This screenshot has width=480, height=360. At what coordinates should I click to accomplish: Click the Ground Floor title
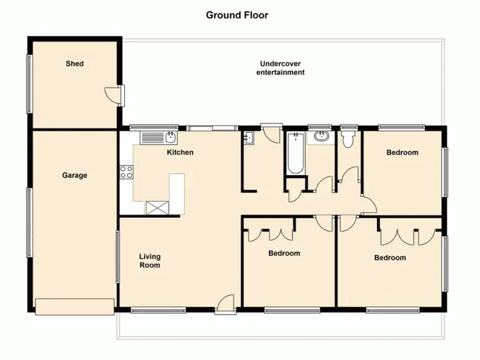pyautogui.click(x=237, y=15)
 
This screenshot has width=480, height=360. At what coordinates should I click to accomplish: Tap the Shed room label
pyautogui.click(x=75, y=64)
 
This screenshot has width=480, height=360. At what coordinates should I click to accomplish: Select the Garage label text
pyautogui.click(x=75, y=175)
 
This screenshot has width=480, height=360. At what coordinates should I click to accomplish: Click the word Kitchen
pyautogui.click(x=180, y=152)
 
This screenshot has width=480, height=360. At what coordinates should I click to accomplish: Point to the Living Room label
pyautogui.click(x=150, y=261)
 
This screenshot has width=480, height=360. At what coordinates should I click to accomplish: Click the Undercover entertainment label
pyautogui.click(x=280, y=68)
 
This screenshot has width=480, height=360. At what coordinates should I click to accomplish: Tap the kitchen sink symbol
pyautogui.click(x=170, y=137)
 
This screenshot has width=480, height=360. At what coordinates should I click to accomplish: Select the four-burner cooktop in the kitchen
pyautogui.click(x=126, y=171)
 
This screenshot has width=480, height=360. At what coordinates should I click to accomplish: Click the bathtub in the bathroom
pyautogui.click(x=295, y=153)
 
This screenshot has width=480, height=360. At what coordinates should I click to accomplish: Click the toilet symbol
pyautogui.click(x=349, y=139)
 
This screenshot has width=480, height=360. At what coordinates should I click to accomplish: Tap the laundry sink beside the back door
pyautogui.click(x=248, y=137)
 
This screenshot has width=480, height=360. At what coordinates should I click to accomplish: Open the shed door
pyautogui.click(x=113, y=95)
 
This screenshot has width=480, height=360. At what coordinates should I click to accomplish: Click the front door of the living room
pyautogui.click(x=225, y=306)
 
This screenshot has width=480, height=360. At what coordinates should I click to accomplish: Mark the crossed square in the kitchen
pyautogui.click(x=156, y=207)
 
